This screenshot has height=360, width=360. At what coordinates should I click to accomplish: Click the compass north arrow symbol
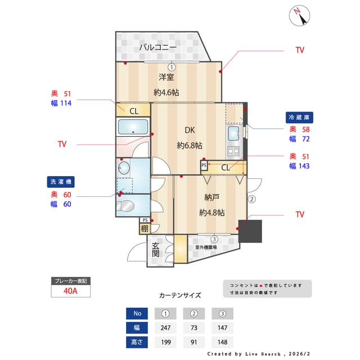point(299,15)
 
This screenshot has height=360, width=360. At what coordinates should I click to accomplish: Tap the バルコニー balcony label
point(158,47)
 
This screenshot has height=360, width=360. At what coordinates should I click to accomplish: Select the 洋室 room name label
point(166,77)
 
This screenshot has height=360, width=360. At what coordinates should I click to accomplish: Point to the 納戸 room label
point(211,197)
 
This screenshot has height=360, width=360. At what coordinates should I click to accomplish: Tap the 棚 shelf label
point(145,228)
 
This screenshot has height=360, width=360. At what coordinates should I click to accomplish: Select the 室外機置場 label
point(206,247)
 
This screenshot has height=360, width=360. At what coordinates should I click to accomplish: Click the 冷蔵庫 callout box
point(299,118)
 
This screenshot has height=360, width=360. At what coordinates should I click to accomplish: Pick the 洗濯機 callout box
point(60,182)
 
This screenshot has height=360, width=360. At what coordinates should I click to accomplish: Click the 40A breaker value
point(70,291)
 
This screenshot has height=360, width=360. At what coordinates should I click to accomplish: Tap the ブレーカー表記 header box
point(70,280)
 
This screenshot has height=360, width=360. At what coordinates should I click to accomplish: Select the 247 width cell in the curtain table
point(165,328)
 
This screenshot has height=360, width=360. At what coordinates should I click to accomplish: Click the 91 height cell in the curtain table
point(194,342)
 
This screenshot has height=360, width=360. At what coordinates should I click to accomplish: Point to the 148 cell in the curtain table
point(223,342)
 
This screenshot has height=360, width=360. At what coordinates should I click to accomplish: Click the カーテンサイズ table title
point(180,295)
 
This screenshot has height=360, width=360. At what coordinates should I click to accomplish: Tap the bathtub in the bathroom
point(133,128)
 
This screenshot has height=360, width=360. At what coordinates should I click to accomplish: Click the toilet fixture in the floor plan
point(126,205)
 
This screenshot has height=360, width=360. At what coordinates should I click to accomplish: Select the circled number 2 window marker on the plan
point(252,199)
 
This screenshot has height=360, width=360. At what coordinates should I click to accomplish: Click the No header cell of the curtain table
point(137,313)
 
